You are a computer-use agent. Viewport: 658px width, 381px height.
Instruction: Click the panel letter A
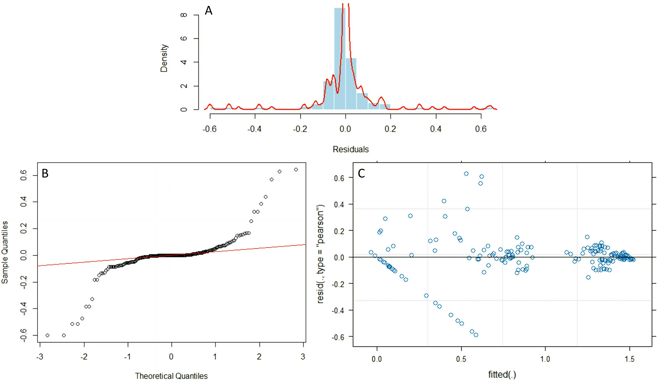click(208, 11)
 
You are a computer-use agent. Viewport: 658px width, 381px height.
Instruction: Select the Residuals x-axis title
click(350, 149)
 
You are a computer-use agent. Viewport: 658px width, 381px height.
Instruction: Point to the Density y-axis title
click(164, 58)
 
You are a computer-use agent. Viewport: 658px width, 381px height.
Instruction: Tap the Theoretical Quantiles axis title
click(171, 376)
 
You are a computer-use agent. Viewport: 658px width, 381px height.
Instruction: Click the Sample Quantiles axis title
click(5, 252)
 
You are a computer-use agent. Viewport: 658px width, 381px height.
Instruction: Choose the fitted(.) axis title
click(502, 375)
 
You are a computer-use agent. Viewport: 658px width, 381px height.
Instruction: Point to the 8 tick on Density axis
click(184, 15)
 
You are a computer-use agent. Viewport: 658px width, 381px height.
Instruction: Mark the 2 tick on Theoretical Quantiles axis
click(259, 356)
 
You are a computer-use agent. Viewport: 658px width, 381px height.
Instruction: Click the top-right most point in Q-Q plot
click(296, 170)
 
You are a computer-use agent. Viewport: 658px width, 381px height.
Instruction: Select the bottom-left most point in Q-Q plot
click(47, 335)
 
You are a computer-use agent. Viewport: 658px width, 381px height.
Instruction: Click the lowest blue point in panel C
click(476, 335)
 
